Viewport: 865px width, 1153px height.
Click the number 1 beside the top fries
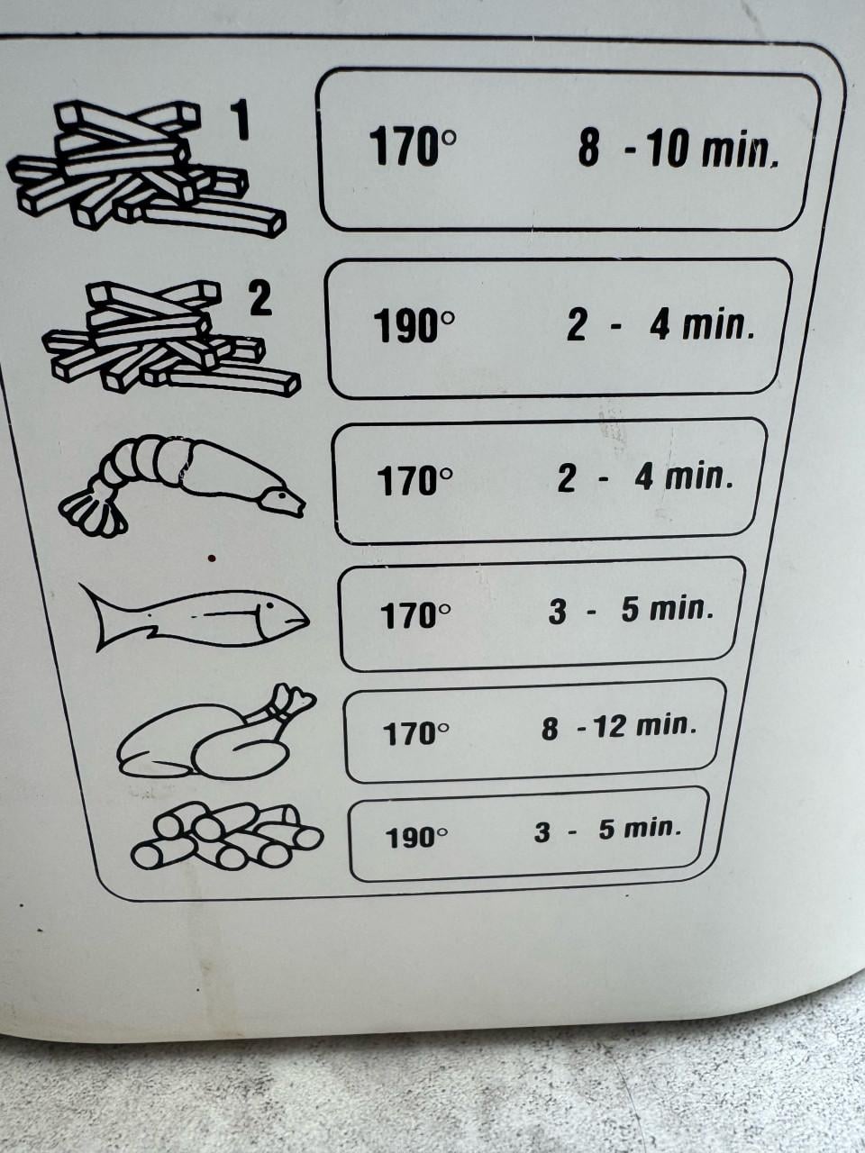[240, 121]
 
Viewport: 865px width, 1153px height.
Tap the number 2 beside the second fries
[260, 299]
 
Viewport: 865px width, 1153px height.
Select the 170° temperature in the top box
[413, 147]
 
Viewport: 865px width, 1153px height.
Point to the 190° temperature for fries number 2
[414, 326]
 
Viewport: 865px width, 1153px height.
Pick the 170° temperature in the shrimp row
[414, 480]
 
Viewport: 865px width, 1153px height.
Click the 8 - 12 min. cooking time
[619, 726]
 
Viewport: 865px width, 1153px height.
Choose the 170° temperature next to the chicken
[415, 733]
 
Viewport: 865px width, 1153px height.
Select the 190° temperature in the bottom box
[416, 838]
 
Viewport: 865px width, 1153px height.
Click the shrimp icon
[182, 485]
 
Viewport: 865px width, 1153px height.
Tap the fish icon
[195, 615]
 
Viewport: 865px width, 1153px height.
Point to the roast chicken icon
[216, 731]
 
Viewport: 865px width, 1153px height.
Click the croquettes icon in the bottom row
[227, 836]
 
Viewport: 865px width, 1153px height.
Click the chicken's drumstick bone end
[294, 697]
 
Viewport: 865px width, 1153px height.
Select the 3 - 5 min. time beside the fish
[631, 610]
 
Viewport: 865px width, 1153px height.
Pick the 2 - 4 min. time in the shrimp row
[645, 478]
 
